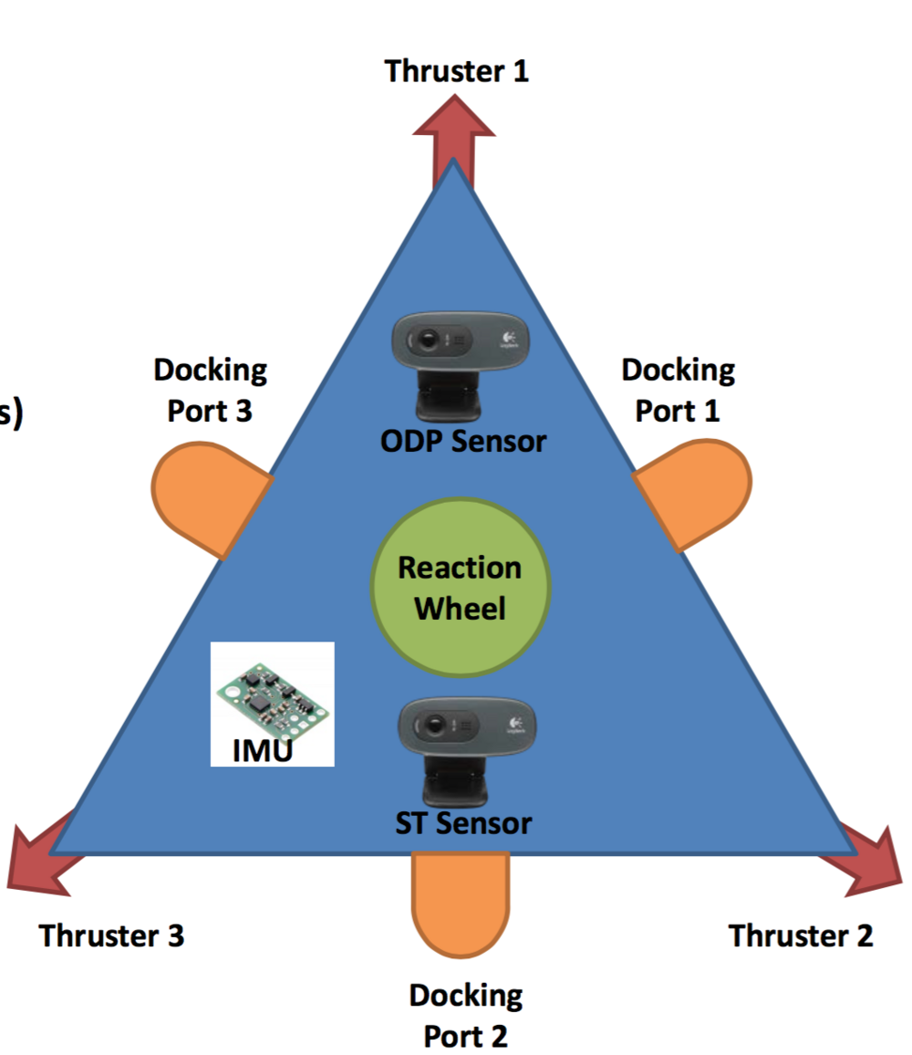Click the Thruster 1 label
click(456, 71)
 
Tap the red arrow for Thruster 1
click(453, 137)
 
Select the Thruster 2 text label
click(801, 935)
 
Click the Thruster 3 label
click(111, 935)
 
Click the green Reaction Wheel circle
click(461, 588)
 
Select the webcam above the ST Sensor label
click(466, 739)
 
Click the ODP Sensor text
click(463, 442)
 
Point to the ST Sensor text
click(463, 823)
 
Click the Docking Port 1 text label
click(678, 390)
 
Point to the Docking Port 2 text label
click(465, 1015)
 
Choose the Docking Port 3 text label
click(210, 390)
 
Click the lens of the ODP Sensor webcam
click(430, 342)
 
